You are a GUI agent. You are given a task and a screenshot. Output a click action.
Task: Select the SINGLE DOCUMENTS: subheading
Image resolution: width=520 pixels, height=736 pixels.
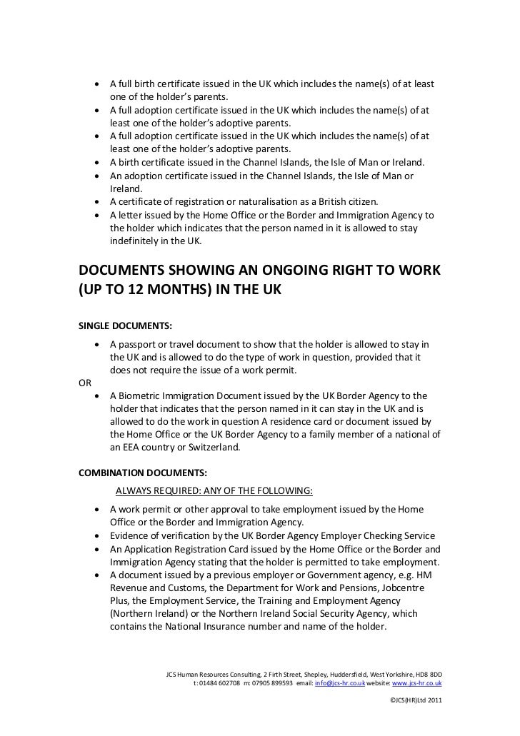tap(124, 326)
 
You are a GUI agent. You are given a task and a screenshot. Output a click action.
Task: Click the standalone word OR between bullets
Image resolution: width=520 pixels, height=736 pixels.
tap(84, 381)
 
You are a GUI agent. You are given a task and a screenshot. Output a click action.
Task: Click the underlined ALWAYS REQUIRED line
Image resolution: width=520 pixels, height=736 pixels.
tap(214, 491)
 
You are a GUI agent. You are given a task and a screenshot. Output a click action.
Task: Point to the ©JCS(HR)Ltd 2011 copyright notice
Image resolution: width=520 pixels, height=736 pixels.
tap(416, 700)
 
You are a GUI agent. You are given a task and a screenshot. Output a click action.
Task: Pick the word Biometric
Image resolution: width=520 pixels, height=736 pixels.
tap(146, 395)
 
